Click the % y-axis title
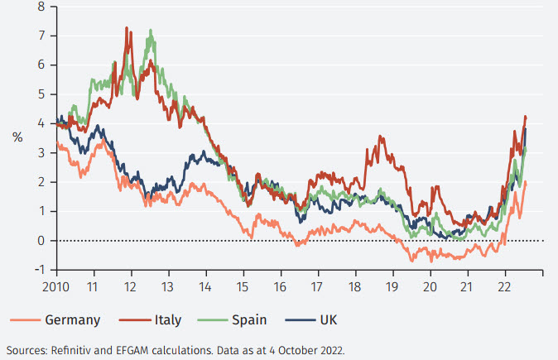17,138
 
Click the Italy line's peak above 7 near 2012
127,28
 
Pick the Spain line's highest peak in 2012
151,31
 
